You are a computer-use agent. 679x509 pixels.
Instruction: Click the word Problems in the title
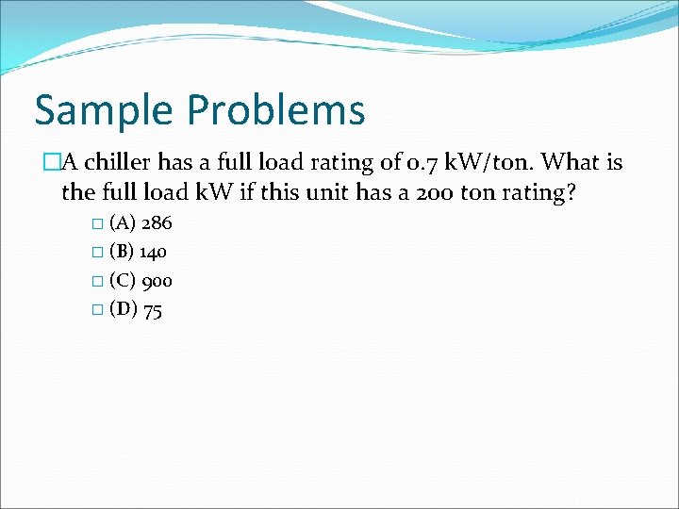(276, 111)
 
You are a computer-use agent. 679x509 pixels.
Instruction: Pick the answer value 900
(157, 280)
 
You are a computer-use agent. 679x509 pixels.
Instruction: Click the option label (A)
(123, 223)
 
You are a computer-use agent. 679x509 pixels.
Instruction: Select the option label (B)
(122, 252)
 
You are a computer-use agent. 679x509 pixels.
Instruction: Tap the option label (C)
(123, 280)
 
